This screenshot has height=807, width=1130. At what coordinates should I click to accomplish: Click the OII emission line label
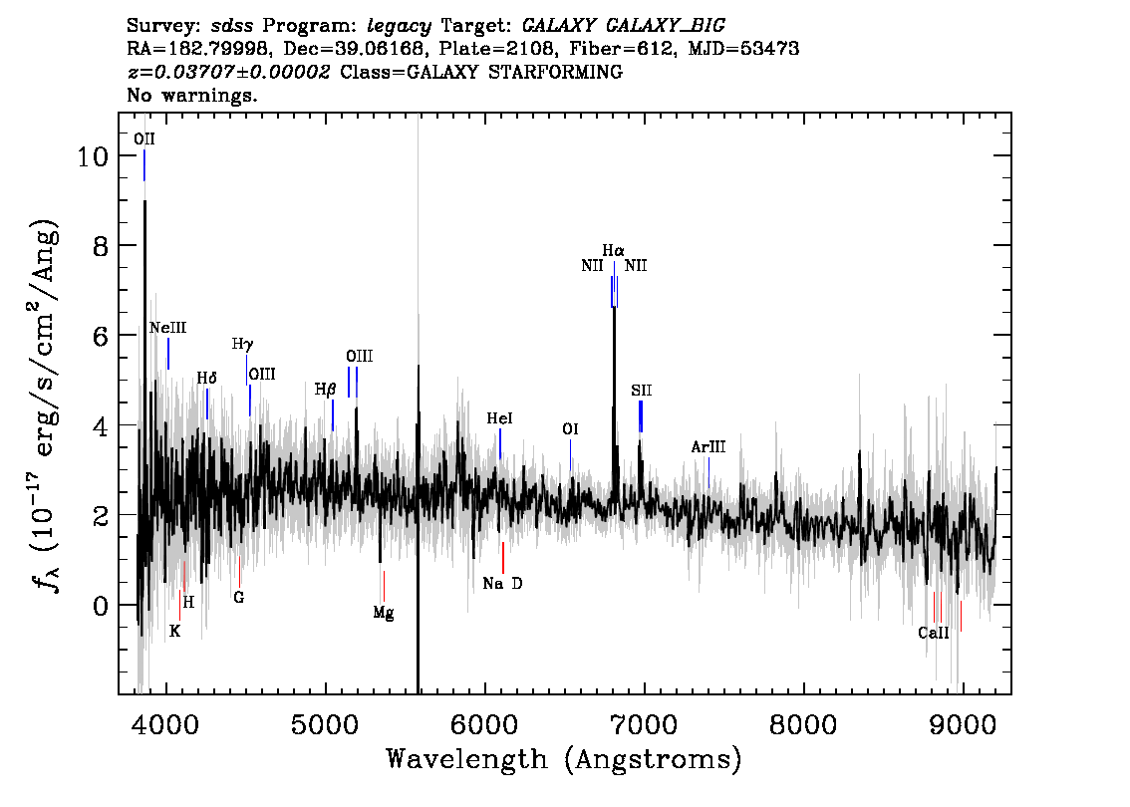click(144, 139)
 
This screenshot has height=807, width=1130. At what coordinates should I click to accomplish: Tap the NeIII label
click(168, 328)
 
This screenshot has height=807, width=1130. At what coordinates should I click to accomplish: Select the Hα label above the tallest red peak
click(613, 251)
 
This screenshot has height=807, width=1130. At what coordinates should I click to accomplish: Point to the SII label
click(642, 391)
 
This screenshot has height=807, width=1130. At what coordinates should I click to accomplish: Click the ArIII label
click(708, 446)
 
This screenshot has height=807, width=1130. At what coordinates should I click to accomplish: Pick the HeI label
click(499, 418)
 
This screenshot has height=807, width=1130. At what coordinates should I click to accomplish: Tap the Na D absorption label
click(502, 583)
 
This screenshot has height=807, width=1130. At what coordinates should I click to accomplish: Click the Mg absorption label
click(384, 613)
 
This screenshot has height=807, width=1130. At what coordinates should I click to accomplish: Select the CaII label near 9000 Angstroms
click(934, 633)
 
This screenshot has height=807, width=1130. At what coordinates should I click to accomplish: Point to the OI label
click(570, 429)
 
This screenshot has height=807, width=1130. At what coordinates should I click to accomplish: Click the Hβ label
click(325, 390)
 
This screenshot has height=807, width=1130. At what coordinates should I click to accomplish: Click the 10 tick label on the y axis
click(93, 155)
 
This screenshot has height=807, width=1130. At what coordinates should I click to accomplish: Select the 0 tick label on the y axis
click(101, 606)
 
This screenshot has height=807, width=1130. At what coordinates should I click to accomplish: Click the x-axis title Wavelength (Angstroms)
click(564, 759)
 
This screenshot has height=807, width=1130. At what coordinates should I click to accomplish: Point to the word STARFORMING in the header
click(556, 72)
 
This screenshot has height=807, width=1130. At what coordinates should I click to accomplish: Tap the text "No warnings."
click(191, 95)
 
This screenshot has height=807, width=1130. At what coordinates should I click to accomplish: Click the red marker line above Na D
click(503, 558)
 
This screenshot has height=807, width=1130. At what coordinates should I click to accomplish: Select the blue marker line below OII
click(144, 165)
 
